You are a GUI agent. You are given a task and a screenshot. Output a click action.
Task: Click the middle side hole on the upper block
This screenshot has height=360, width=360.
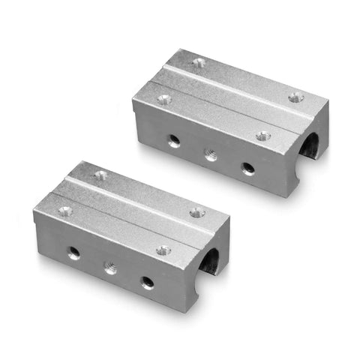(x=211, y=155)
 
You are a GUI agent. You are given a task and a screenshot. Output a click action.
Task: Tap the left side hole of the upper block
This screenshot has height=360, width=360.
(x=173, y=139)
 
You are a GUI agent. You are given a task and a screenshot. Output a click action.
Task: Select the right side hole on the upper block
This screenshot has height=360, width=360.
(x=247, y=169)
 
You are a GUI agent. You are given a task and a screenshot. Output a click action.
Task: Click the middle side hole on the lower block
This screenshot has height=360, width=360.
(x=110, y=268)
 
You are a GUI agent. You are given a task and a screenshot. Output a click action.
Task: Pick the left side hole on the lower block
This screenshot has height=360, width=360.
(x=73, y=253)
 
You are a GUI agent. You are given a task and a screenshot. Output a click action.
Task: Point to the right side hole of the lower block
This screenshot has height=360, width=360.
(x=147, y=282)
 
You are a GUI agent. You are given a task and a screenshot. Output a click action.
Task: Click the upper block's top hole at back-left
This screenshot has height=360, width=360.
(x=198, y=63)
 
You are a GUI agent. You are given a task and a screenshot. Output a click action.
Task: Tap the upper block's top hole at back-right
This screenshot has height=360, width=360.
(x=296, y=97)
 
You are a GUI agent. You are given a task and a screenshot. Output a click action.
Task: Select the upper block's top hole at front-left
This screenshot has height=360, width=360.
(x=163, y=99)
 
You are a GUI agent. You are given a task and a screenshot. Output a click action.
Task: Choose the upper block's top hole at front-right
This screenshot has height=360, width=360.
(x=262, y=136)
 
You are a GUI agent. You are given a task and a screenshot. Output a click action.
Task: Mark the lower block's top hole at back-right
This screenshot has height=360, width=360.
(x=197, y=212)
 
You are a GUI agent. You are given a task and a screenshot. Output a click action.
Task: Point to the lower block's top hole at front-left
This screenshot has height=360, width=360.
(x=65, y=211)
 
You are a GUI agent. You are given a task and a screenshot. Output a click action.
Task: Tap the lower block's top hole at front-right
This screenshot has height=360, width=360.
(x=162, y=250)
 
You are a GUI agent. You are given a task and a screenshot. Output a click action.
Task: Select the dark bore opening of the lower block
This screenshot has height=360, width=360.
(x=211, y=263)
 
